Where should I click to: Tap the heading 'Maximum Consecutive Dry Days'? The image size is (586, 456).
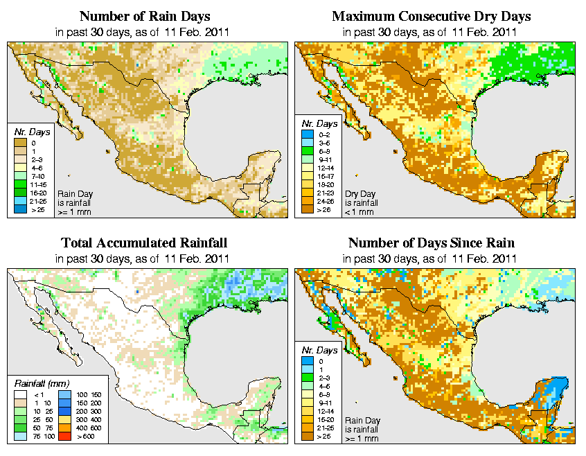431,16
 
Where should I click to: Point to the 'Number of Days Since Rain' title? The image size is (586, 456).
431,243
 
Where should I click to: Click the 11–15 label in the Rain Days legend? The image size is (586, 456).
37,184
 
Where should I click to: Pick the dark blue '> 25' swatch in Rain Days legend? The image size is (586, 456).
21,209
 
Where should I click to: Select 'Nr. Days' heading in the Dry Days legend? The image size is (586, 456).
321,123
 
